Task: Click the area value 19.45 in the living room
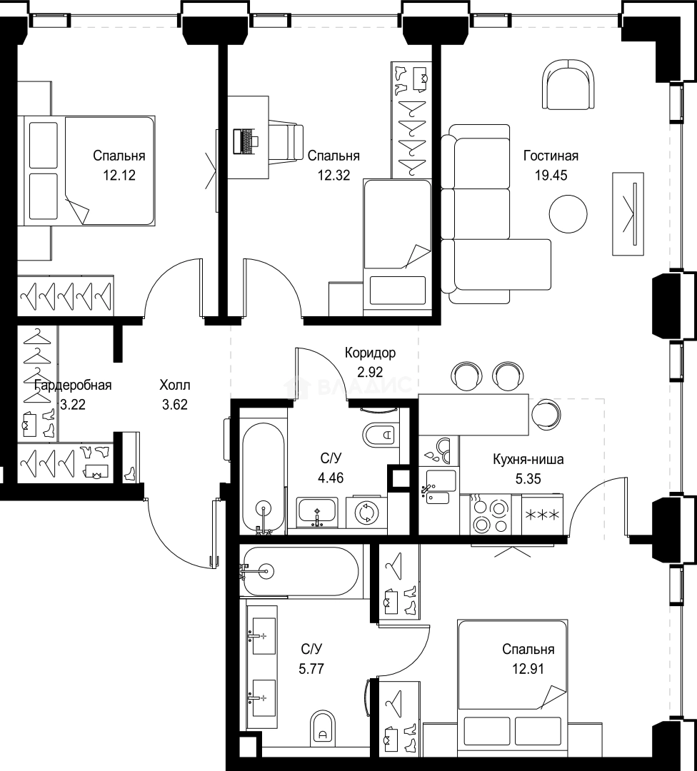pos(551,175)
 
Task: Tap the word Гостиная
pos(551,156)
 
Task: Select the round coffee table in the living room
pos(568,214)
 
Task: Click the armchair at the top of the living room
pos(568,84)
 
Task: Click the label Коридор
pos(370,353)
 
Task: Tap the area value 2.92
pos(370,372)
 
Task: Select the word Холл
pos(175,385)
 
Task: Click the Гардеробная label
pos(73,385)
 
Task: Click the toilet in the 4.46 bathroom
pos(381,434)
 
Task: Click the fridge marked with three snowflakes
pos(543,515)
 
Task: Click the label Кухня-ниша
pos(528,460)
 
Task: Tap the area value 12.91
pos(528,669)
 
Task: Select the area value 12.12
pos(119,175)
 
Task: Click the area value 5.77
pos(311,669)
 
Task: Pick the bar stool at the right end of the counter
pos(546,413)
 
